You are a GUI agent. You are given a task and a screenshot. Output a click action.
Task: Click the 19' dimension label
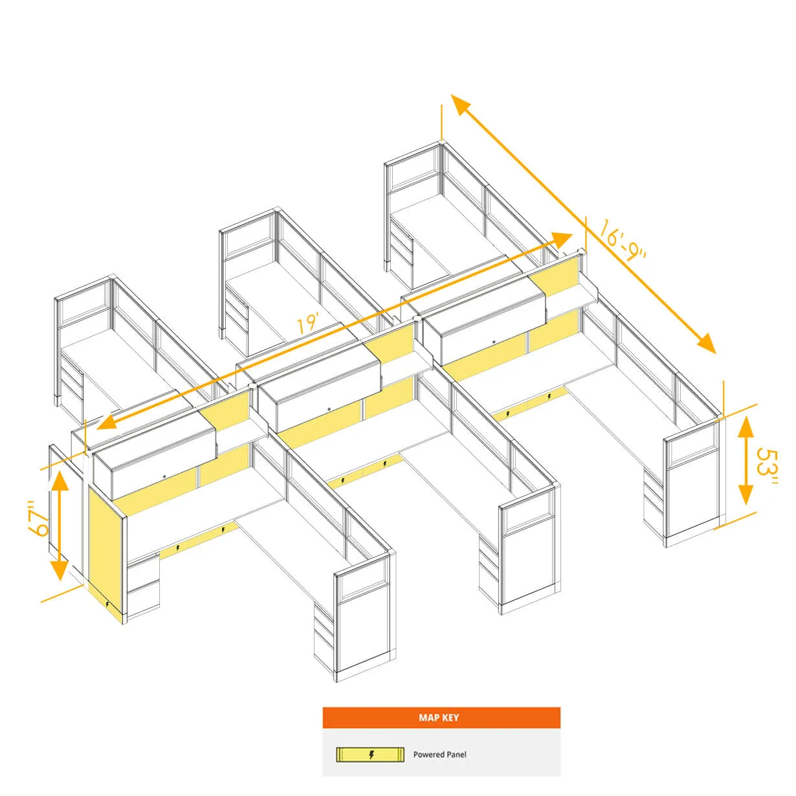pos(308,323)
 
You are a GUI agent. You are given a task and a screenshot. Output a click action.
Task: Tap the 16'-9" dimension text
pos(623,240)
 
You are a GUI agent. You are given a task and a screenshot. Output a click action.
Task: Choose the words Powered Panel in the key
pos(439,755)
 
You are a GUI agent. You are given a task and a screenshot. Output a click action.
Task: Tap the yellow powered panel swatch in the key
pos(370,755)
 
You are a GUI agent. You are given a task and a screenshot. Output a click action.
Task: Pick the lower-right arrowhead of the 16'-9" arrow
pos(705,344)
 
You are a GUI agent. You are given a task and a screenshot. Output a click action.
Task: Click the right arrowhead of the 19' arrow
pos(561,240)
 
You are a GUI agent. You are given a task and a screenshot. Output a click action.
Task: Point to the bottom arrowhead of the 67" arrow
pos(60,570)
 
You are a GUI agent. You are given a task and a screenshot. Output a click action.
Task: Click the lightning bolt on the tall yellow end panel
pos(107,604)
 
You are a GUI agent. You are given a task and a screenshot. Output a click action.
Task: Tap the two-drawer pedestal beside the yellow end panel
pos(143,587)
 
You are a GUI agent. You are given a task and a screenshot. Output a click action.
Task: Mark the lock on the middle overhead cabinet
pos(329,409)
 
